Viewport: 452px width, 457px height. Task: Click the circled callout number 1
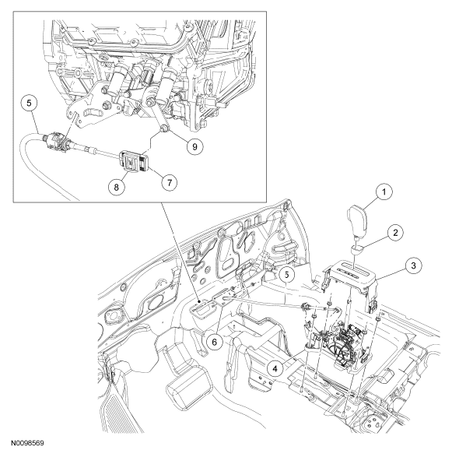tap(384, 192)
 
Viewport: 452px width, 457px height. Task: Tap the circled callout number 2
tap(395, 225)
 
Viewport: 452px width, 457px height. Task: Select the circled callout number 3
tap(413, 265)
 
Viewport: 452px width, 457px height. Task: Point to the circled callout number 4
tap(275, 369)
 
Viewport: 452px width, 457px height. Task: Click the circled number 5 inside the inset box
tap(29, 104)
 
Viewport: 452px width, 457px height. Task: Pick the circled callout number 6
tap(215, 342)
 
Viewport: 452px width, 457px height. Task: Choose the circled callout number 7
tap(170, 183)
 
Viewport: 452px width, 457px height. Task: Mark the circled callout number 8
tap(117, 187)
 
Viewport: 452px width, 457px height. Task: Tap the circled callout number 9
tap(194, 146)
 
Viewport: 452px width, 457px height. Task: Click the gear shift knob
tap(357, 220)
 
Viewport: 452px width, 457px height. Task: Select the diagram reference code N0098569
tap(28, 443)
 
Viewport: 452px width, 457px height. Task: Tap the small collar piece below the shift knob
tap(356, 248)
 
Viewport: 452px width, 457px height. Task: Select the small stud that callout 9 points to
tap(165, 128)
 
